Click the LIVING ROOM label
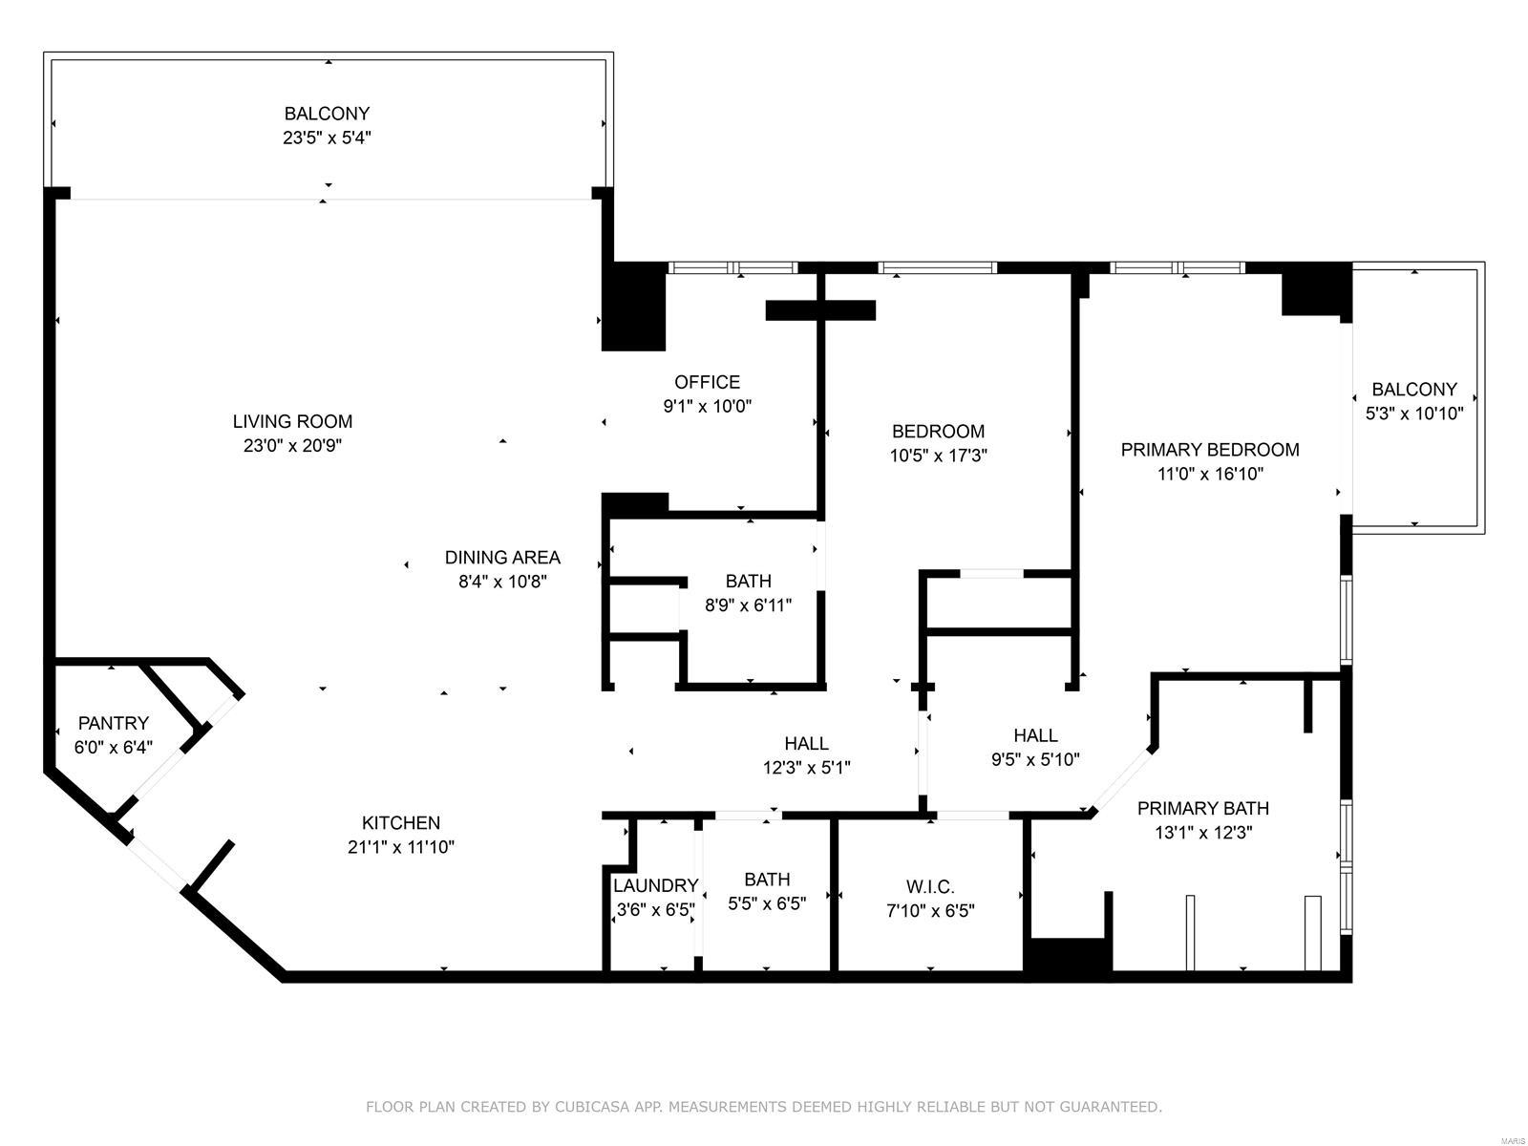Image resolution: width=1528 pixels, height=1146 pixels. pyautogui.click(x=292, y=421)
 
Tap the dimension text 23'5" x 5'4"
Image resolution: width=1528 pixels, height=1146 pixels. pyautogui.click(x=327, y=138)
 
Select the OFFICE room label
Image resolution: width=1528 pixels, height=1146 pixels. pyautogui.click(x=707, y=382)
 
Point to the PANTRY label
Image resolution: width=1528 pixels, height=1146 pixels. pyautogui.click(x=113, y=723)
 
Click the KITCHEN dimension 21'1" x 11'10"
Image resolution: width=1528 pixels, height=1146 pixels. pyautogui.click(x=400, y=846)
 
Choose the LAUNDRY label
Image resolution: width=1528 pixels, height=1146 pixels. pyautogui.click(x=655, y=885)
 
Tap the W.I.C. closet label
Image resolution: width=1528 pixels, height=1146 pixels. pyautogui.click(x=929, y=886)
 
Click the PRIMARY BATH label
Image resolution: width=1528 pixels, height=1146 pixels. pyautogui.click(x=1202, y=808)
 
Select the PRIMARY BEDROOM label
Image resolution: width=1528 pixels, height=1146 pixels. pyautogui.click(x=1209, y=449)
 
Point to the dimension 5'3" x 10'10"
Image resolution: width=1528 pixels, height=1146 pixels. pyautogui.click(x=1413, y=414)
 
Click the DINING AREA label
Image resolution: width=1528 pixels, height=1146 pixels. pyautogui.click(x=502, y=557)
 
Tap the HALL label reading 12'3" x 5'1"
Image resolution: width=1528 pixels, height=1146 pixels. pyautogui.click(x=806, y=743)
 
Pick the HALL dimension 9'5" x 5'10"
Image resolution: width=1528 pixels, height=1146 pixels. pyautogui.click(x=1035, y=760)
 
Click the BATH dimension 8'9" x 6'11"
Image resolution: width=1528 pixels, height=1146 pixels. pyautogui.click(x=748, y=605)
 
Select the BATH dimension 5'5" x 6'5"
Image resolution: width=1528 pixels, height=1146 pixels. pyautogui.click(x=767, y=903)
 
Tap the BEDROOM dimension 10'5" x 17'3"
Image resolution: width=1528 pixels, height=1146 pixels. pyautogui.click(x=938, y=456)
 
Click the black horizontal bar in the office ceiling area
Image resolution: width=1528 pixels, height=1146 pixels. pyautogui.click(x=820, y=309)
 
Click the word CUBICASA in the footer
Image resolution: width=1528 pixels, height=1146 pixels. pyautogui.click(x=602, y=1107)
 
